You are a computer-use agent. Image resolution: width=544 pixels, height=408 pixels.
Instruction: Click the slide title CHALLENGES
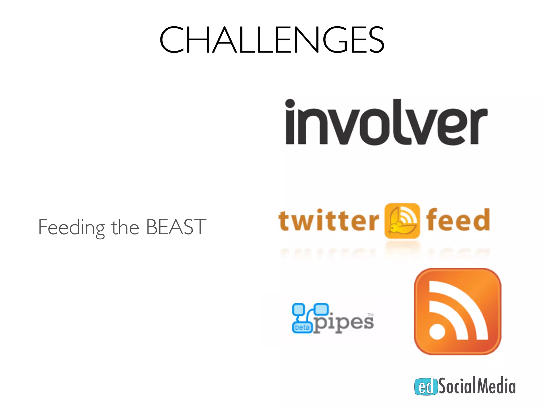272,40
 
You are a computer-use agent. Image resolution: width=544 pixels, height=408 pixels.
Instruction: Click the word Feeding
71,227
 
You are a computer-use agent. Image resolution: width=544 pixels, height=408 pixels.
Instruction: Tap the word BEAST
176,227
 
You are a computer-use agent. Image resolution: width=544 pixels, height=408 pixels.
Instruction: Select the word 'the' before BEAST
125,227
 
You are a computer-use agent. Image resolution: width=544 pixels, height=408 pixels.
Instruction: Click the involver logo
386,122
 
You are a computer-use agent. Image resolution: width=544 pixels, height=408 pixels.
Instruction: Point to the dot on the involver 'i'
290,104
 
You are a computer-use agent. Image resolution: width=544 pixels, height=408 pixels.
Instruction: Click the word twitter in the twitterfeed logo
329,220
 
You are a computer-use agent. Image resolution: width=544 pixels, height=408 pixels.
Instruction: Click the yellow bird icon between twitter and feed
402,221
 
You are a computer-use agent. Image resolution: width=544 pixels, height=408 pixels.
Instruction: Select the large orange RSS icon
457,311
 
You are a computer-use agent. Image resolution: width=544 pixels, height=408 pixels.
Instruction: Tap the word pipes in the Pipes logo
344,323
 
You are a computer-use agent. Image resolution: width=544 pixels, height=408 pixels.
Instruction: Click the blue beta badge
302,327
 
